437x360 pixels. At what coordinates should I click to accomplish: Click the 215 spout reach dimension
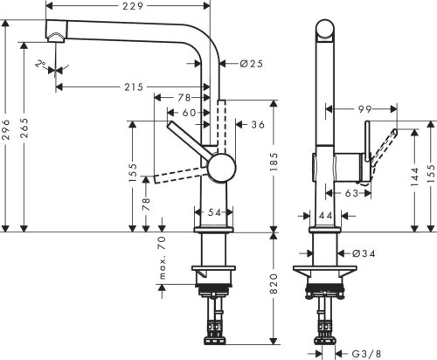pyautogui.click(x=134, y=87)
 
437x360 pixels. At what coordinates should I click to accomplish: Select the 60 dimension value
pyautogui.click(x=189, y=113)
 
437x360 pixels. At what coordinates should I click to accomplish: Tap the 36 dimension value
pyautogui.click(x=257, y=125)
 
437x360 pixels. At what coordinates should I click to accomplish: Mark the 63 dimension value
pyautogui.click(x=350, y=193)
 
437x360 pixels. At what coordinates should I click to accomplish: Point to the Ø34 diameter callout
pyautogui.click(x=365, y=253)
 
